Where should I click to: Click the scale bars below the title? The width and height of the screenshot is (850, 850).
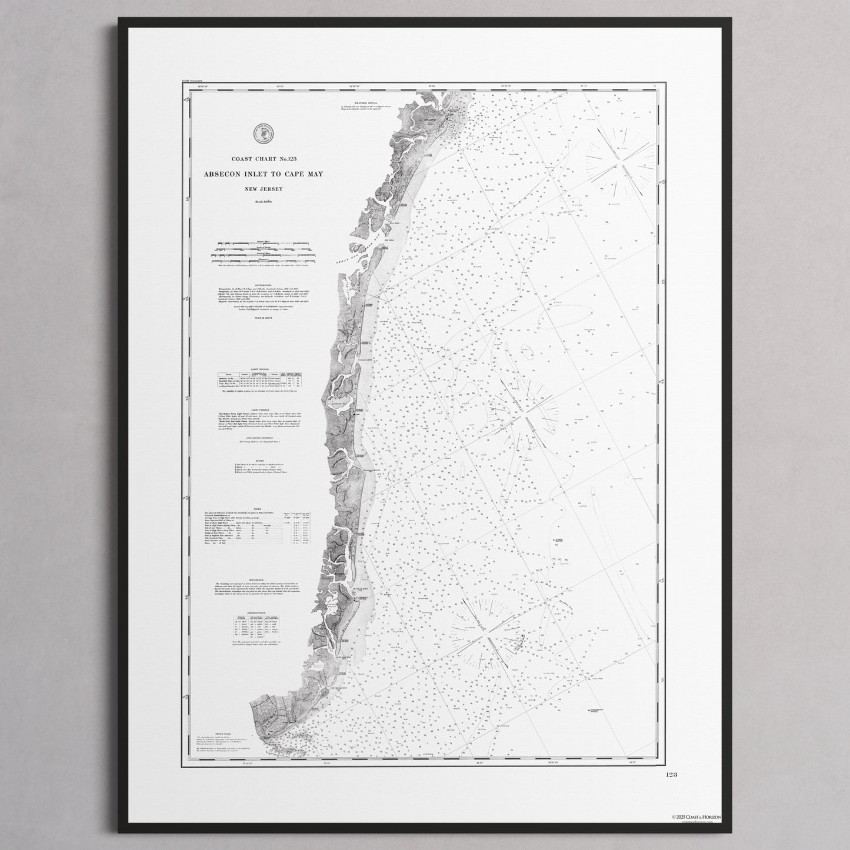click(262, 253)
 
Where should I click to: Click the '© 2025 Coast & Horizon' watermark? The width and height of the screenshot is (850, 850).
click(699, 817)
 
